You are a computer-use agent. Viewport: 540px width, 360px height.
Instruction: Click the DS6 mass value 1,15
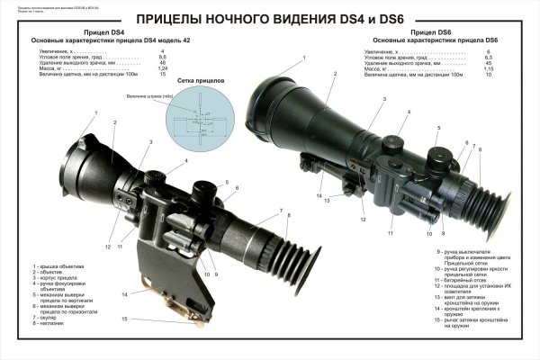tap(487, 68)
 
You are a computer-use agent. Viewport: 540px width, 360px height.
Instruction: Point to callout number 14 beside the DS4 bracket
tap(124, 293)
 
